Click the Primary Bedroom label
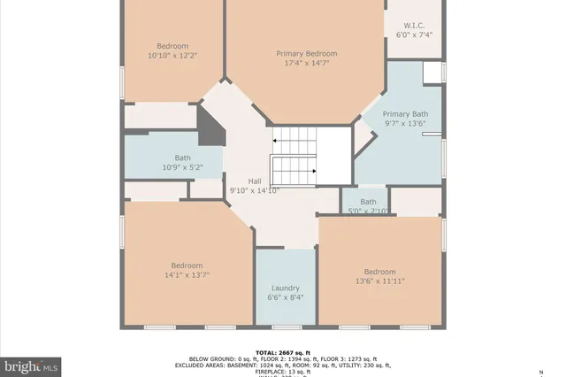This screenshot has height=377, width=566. tap(306, 53)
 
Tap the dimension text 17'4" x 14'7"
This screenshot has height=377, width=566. tap(306, 63)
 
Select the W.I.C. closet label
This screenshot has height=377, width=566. tap(414, 26)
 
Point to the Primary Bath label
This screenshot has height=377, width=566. tap(405, 114)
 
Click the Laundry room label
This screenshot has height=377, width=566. tap(286, 288)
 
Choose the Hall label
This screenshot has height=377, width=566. tap(254, 181)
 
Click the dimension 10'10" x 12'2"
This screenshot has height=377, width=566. tap(172, 55)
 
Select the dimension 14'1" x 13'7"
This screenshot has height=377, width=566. tap(187, 275)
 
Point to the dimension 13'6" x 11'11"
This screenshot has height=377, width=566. tap(379, 281)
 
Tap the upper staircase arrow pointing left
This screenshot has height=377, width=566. tap(277, 140)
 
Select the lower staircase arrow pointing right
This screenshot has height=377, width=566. tap(313, 172)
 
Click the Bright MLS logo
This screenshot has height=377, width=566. tap(31, 364)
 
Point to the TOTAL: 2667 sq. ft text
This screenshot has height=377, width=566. tap(282, 351)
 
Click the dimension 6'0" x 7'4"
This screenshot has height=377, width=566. tap(414, 35)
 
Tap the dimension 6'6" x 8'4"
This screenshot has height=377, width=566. tap(286, 297)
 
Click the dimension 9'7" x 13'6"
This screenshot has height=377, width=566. tap(405, 124)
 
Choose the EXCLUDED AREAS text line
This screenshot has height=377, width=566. tap(282, 365)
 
